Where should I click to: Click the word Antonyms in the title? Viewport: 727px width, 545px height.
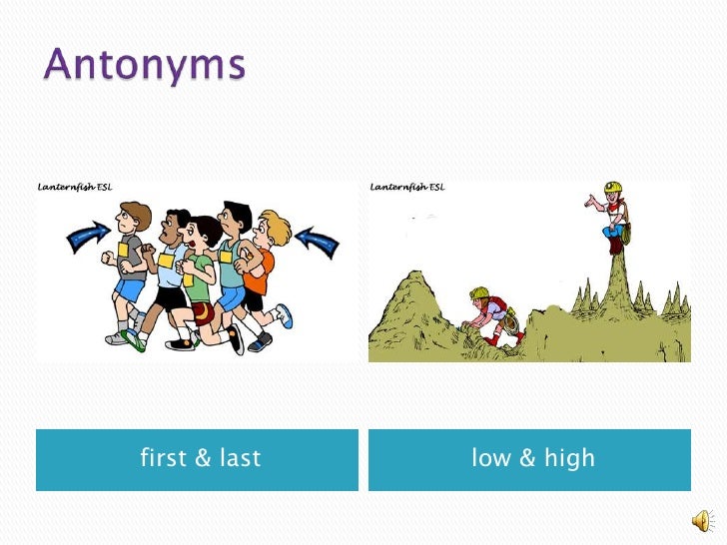144,67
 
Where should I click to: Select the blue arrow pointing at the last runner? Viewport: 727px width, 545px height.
319,240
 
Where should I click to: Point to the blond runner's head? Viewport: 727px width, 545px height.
271,227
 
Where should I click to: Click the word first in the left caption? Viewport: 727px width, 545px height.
163,458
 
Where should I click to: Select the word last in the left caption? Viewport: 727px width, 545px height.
240,458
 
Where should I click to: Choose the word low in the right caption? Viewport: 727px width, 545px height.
491,458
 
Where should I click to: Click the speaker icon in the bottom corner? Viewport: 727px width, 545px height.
703,520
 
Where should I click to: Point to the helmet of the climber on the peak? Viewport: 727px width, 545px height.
613,188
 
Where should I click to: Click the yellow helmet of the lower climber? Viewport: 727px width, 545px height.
479,292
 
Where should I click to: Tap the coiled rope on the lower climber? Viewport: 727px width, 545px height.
512,321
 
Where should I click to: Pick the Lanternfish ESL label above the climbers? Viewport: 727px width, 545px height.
407,187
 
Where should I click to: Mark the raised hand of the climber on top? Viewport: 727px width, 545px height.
590,201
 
